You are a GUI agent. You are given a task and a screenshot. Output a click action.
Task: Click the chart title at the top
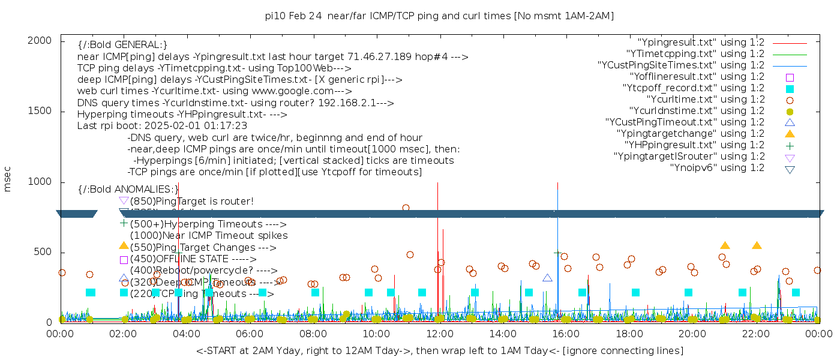(439, 16)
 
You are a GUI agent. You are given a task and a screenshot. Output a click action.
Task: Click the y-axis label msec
(8, 181)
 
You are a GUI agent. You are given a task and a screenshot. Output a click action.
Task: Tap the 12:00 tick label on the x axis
(439, 332)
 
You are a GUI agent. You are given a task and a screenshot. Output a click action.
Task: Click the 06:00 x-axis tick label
(250, 332)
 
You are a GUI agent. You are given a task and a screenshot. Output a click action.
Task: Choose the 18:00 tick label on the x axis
(628, 332)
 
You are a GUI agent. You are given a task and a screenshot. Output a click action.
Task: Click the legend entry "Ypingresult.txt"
(701, 43)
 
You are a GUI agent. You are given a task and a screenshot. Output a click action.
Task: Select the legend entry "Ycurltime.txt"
(705, 100)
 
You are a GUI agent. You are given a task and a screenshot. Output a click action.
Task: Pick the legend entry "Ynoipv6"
(717, 168)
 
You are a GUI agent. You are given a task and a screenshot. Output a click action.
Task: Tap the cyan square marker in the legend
(790, 89)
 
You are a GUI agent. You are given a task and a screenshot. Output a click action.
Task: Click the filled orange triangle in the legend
(790, 134)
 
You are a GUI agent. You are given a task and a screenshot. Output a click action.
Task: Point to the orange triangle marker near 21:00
(725, 245)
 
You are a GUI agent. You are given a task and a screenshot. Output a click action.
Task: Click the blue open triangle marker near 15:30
(547, 278)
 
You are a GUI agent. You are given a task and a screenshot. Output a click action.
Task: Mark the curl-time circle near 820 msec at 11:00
(406, 208)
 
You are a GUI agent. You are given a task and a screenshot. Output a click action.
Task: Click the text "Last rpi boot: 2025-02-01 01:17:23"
(162, 126)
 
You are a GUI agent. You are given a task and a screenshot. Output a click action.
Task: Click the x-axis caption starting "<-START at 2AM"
(439, 350)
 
